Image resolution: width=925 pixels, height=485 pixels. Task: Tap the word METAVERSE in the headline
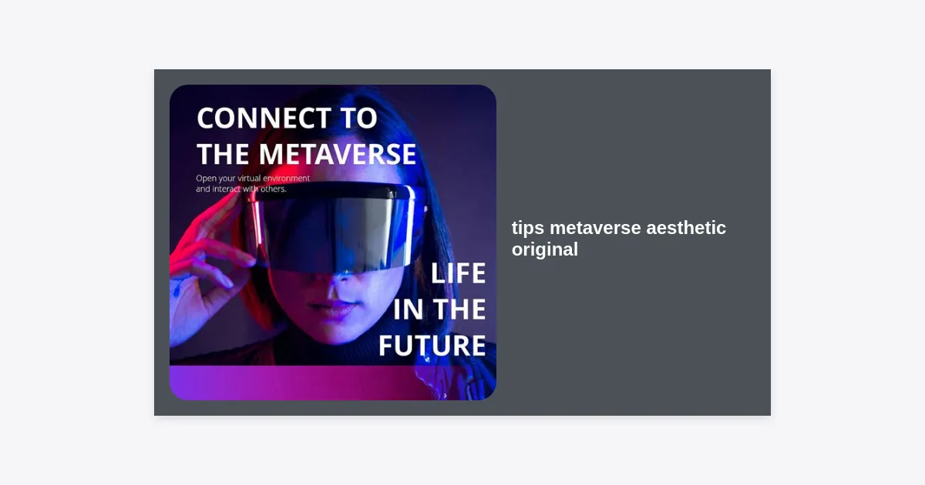point(338,154)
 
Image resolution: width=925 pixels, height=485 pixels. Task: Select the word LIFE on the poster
point(458,273)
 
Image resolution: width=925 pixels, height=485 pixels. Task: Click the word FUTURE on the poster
point(432,346)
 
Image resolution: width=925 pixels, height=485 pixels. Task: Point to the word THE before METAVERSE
point(224,154)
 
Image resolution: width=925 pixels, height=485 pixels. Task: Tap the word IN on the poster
point(408,309)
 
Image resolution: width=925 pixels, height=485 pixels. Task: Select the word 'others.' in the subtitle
point(274,189)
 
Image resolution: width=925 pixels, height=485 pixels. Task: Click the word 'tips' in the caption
point(528,229)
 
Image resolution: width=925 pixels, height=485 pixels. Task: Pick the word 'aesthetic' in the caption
point(686,228)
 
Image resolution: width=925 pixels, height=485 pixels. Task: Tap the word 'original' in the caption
point(545,250)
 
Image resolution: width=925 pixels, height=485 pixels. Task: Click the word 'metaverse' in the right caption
point(595,229)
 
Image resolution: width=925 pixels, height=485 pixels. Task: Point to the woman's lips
point(331,307)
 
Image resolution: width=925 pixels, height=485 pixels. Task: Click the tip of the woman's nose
point(343,279)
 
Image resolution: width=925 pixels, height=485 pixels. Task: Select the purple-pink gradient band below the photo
point(332,383)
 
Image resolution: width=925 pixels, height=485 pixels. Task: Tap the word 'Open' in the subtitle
point(205,179)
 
